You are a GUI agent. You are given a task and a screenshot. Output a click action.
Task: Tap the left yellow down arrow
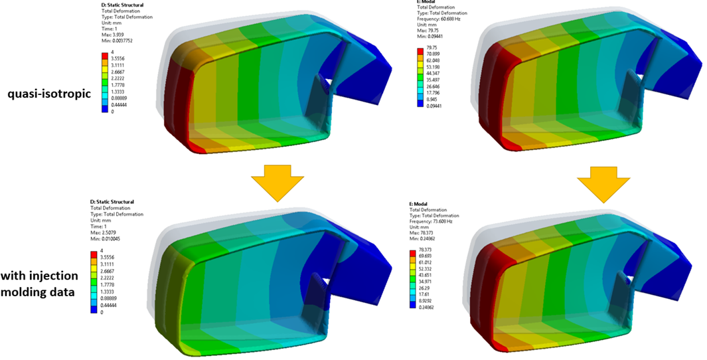tap(277, 185)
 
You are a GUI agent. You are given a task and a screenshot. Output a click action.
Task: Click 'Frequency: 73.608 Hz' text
tap(439, 220)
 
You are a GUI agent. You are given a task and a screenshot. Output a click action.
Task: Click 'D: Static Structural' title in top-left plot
tap(116, 5)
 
